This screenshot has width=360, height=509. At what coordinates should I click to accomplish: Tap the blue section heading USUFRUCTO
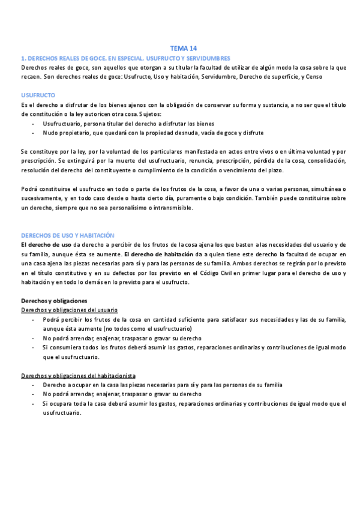click(38, 95)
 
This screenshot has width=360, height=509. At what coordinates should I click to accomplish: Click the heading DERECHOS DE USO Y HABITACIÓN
click(67, 236)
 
